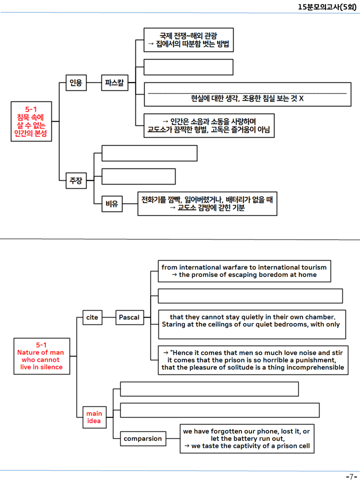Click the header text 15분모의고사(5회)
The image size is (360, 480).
327,6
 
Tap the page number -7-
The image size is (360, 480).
351,476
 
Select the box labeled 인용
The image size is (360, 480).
76,82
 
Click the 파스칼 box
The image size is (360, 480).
114,82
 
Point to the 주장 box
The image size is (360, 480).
76,180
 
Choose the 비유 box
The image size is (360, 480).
112,204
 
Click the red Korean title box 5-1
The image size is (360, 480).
31,121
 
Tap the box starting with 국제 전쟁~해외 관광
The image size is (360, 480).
188,40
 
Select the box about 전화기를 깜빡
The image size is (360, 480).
207,204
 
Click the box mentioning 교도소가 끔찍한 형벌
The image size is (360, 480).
209,125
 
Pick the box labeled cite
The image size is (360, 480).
92,317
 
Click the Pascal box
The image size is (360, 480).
129,317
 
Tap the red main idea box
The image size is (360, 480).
94,417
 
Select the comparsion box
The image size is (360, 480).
143,438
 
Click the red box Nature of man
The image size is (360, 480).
41,356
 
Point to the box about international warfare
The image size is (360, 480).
244,271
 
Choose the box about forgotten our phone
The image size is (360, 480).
247,438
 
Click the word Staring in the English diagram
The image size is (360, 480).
173,324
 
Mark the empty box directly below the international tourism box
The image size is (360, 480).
250,296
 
